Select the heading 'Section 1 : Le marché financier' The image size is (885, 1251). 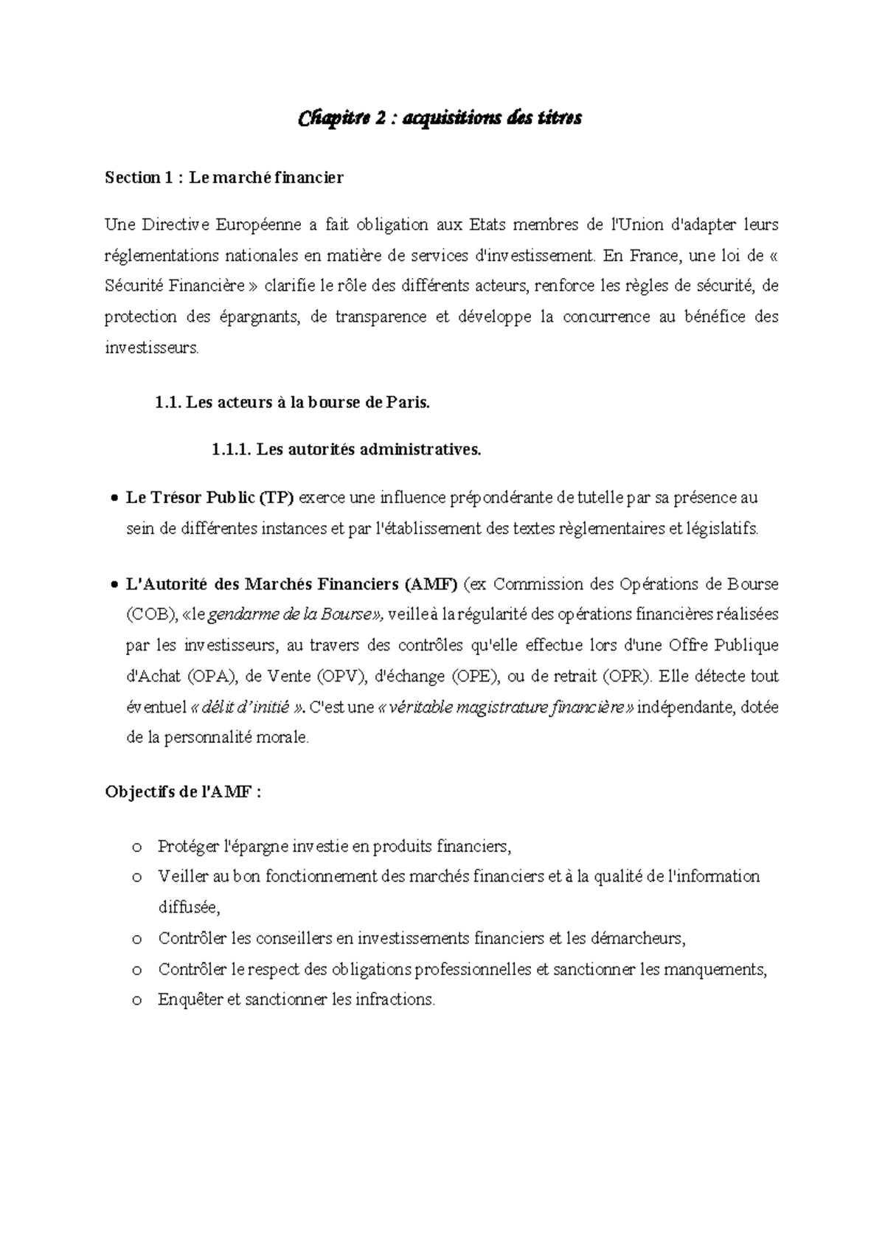pos(223,178)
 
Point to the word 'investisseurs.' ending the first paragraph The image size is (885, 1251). pos(151,348)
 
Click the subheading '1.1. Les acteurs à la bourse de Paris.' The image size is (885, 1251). pos(292,403)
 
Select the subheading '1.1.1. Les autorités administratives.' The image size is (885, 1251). pos(346,450)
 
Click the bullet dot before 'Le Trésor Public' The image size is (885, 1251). pos(112,499)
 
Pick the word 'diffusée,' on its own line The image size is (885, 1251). pos(189,908)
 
